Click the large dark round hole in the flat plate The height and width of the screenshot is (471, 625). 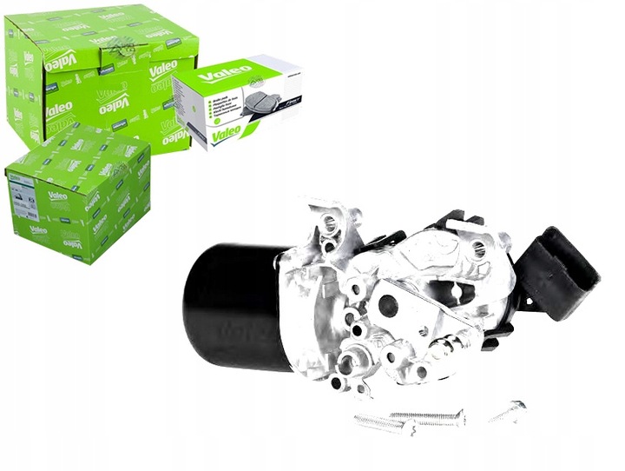tap(388, 306)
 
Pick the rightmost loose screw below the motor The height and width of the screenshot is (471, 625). tap(508, 410)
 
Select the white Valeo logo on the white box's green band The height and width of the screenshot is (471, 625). tap(214, 74)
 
